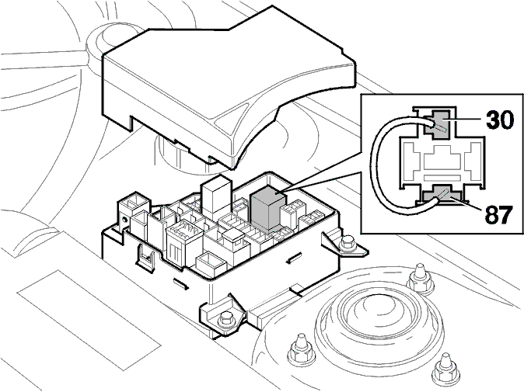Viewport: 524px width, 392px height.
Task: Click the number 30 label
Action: coord(500,120)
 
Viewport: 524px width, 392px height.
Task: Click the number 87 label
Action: coord(498,215)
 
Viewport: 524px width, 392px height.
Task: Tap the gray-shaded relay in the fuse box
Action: coord(267,209)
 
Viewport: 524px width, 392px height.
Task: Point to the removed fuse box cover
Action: coord(227,87)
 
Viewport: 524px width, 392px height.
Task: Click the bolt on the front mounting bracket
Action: coord(225,319)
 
